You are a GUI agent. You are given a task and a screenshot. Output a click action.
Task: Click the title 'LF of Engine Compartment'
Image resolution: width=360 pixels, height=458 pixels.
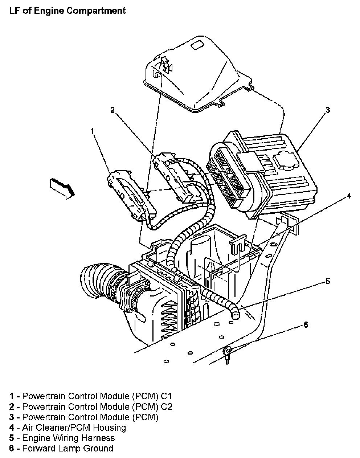(67, 11)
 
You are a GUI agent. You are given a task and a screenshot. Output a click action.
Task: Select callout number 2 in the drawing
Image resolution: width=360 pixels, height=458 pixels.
(112, 110)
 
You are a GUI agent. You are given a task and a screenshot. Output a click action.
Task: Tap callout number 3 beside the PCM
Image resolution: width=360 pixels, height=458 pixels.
(327, 110)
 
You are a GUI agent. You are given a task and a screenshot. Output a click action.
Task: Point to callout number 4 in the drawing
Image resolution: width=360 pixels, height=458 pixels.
(349, 196)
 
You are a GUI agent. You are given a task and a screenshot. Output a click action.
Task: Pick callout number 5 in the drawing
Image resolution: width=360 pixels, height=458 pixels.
(327, 281)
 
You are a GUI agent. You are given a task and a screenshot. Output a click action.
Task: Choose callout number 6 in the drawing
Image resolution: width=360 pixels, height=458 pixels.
(306, 324)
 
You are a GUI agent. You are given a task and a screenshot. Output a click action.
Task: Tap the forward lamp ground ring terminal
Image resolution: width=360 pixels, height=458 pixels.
(228, 350)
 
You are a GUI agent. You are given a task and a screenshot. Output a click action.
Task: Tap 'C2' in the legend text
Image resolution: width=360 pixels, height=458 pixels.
(167, 406)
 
